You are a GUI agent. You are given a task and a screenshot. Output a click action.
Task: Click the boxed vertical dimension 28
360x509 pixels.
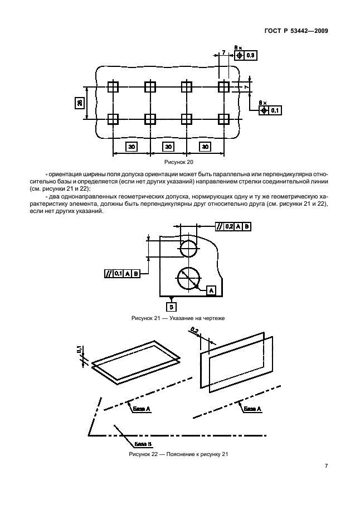click(x=80, y=103)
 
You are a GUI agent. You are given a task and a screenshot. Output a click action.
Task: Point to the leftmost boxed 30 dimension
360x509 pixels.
click(x=132, y=146)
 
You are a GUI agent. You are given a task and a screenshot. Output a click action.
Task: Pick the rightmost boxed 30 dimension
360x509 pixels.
click(x=205, y=146)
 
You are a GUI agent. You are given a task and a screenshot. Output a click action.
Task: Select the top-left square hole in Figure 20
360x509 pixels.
click(x=113, y=87)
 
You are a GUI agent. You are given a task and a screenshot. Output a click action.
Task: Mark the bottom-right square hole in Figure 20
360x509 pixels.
click(x=223, y=119)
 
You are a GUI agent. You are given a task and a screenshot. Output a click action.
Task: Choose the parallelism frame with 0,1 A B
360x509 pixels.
click(x=121, y=273)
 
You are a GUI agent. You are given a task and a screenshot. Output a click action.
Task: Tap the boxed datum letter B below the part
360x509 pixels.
click(x=172, y=307)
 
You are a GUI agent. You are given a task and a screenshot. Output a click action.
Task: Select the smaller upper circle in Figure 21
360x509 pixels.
click(x=189, y=248)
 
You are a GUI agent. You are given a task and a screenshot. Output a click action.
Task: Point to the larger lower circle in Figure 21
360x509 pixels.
click(x=188, y=275)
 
